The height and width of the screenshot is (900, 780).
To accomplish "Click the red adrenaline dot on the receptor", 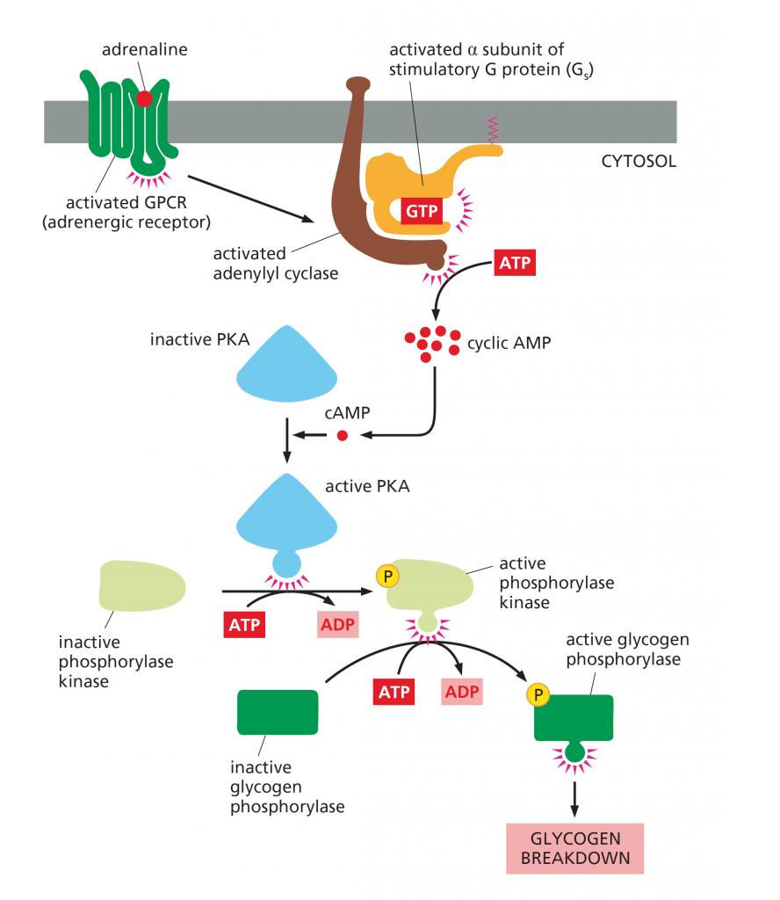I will pyautogui.click(x=144, y=98).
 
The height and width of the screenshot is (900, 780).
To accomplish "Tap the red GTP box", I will pyautogui.click(x=421, y=212).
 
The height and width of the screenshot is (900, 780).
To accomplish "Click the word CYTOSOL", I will pyautogui.click(x=639, y=162).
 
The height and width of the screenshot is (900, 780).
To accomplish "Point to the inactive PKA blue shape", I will pyautogui.click(x=286, y=362).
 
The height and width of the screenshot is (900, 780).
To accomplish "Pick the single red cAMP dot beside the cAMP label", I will pyautogui.click(x=343, y=434).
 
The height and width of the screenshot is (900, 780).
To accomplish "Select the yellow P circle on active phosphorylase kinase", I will pyautogui.click(x=386, y=576).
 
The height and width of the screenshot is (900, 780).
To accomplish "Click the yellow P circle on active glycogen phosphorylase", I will pyautogui.click(x=538, y=695).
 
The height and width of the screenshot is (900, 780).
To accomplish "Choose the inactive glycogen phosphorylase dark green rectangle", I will pyautogui.click(x=278, y=711).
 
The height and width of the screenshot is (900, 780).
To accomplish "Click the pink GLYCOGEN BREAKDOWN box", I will pyautogui.click(x=574, y=848).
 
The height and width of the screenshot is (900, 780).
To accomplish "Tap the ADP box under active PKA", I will pyautogui.click(x=338, y=627).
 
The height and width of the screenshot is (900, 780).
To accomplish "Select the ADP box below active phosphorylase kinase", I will pyautogui.click(x=462, y=691).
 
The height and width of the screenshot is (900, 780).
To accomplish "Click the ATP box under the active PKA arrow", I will pyautogui.click(x=242, y=627).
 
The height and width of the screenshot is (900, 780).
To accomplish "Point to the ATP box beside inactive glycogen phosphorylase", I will pyautogui.click(x=395, y=691).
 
